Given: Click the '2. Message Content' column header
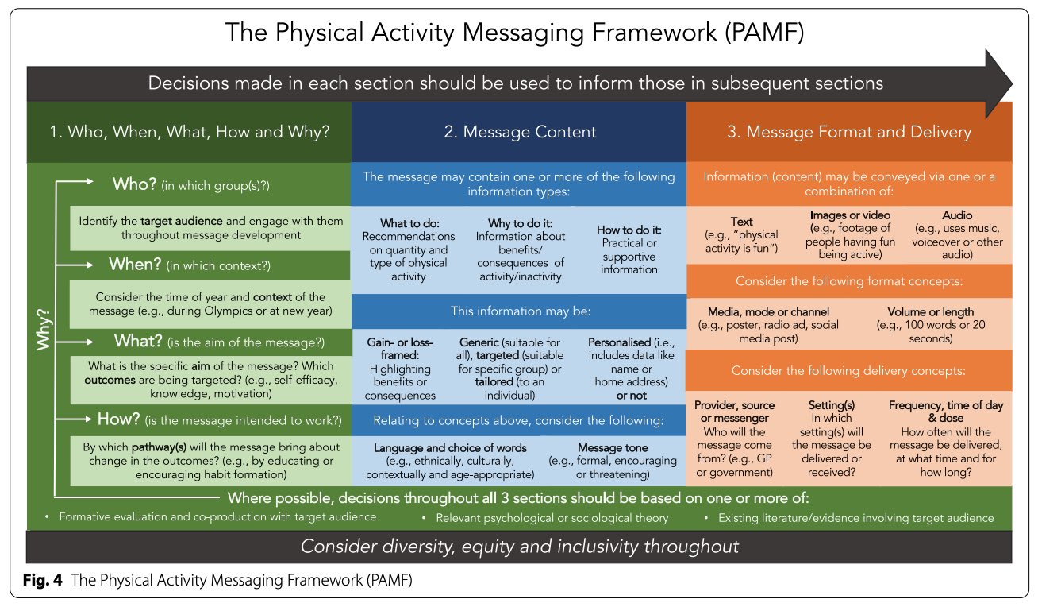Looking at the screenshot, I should coord(519,132).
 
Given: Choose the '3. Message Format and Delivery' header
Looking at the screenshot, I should coord(848,132).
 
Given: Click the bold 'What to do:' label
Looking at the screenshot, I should coord(409,223).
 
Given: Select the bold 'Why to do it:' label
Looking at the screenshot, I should coord(520,223).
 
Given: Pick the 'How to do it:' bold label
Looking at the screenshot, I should coord(629,230).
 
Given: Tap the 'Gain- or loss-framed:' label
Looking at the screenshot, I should coord(400,350).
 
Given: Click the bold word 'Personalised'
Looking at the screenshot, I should coord(619,342).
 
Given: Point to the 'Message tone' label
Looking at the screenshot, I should coord(612,448).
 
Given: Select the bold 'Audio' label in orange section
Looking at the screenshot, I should coord(956,215).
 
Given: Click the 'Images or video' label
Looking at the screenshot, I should coord(849,215).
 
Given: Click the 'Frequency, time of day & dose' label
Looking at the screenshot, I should coord(945,412).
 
